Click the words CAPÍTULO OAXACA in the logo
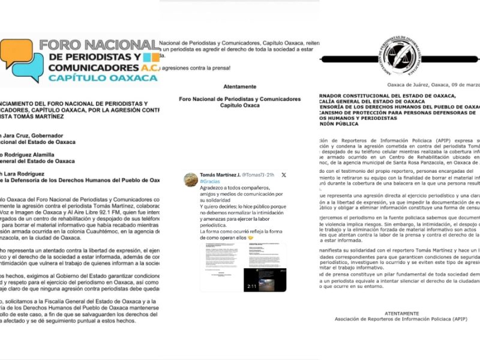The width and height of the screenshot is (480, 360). pos(103,78)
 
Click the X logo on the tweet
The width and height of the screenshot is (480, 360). pos(284,175)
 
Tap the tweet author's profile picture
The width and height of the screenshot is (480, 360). pos(191,179)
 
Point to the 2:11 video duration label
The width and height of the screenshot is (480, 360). pos(252,287)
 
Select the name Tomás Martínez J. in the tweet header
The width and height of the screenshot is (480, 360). pos(219,175)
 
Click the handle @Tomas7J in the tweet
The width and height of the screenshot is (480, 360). pos(252,175)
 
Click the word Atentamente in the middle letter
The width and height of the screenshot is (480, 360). pos(239,86)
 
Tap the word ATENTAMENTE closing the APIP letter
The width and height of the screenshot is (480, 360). pos(402,313)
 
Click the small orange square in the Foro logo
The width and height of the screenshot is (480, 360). pos(155,58)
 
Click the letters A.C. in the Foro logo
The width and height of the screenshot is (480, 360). pos(146,67)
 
